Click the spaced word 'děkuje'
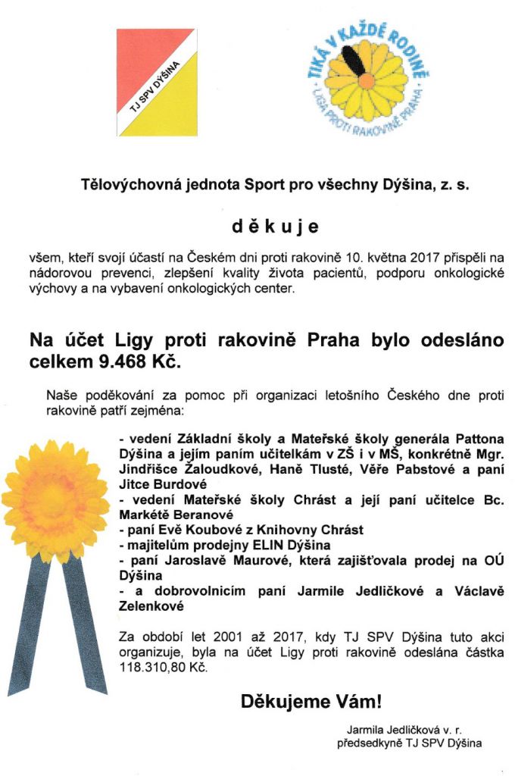[x=276, y=226]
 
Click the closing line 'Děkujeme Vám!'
[x=311, y=701]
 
